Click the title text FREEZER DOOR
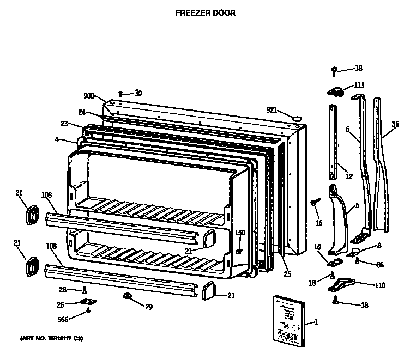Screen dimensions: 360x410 point(205,13)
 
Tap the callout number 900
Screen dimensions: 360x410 point(89,96)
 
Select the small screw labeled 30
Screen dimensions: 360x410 point(120,94)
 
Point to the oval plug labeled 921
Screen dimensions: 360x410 point(297,118)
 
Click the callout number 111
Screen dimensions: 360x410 point(359,86)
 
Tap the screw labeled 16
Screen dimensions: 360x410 point(315,203)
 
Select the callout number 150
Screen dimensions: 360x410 point(240,233)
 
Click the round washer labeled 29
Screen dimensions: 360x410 point(128,296)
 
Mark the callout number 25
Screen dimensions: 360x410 point(287,274)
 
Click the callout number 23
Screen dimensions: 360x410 point(64,124)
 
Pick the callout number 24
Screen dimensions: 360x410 point(82,113)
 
